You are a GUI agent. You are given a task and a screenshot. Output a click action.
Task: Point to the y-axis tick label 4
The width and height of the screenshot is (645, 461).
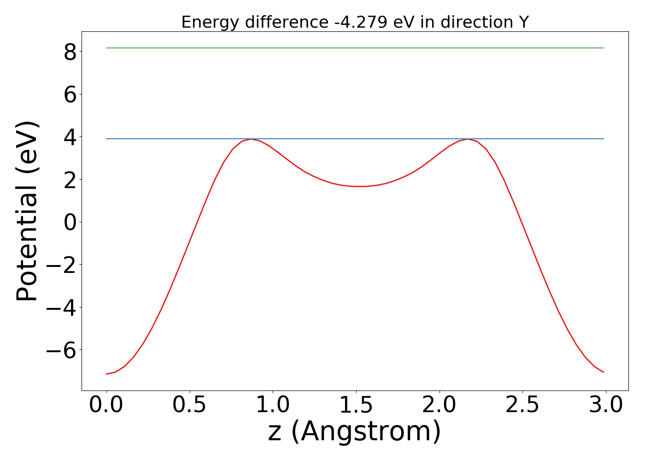pyautogui.click(x=70, y=137)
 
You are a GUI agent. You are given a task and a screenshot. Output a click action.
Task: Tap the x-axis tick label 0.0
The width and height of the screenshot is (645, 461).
pyautogui.click(x=106, y=405)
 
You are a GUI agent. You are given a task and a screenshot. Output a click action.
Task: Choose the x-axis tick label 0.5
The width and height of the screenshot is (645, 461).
pyautogui.click(x=190, y=405)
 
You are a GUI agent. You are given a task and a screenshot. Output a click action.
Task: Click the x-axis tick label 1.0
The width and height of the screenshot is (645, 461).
pyautogui.click(x=273, y=405)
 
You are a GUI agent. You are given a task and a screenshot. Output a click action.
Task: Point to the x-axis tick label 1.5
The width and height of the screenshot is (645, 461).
pyautogui.click(x=356, y=405)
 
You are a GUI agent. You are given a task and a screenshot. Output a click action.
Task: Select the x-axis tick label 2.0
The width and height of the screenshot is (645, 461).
pyautogui.click(x=440, y=405)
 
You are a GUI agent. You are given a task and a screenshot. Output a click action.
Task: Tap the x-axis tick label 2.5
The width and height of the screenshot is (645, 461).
pyautogui.click(x=523, y=405)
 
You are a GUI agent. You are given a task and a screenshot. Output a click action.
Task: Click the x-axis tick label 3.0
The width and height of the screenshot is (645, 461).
pyautogui.click(x=606, y=405)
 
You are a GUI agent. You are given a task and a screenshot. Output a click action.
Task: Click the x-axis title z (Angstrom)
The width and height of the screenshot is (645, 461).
pyautogui.click(x=355, y=432)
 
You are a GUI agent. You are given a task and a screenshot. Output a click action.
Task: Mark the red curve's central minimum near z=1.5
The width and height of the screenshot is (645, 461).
pyautogui.click(x=359, y=186)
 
